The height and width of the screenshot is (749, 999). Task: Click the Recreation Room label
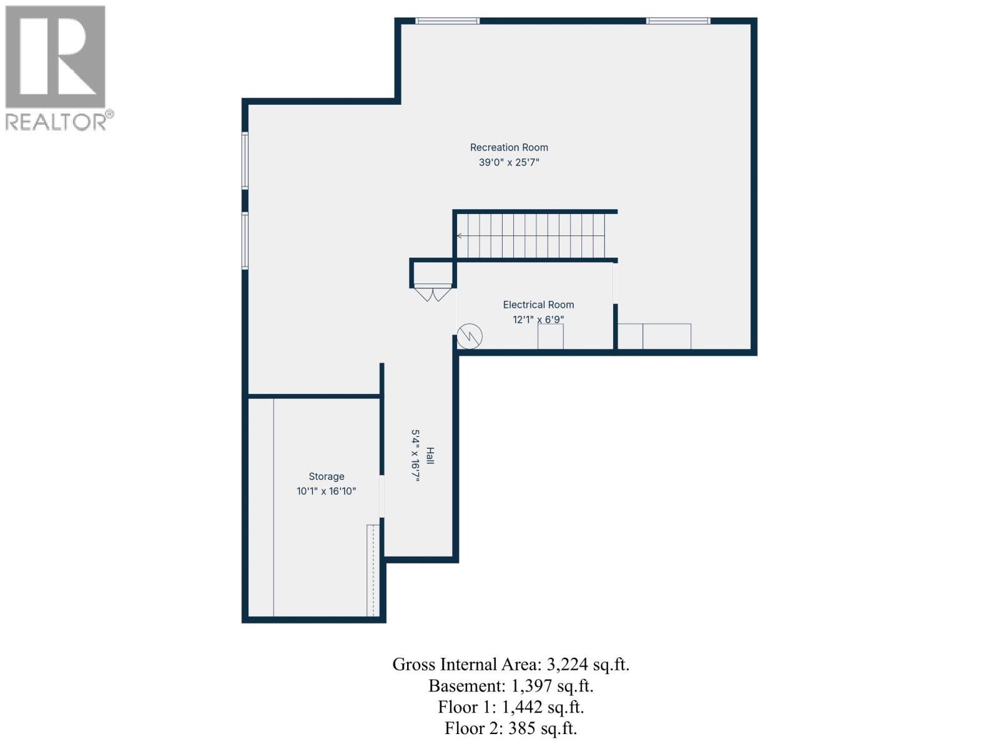509,147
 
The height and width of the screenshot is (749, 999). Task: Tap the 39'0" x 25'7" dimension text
509,162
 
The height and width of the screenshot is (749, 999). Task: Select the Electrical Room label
538,305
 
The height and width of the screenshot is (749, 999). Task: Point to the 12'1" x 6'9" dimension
538,320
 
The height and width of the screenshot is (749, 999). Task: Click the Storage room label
326,476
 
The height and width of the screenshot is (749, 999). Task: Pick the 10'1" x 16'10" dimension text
326,491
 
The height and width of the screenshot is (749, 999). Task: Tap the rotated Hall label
430,456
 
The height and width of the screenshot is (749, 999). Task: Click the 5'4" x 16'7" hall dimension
415,456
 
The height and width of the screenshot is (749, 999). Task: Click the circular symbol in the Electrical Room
470,336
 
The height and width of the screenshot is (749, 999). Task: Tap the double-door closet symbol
432,292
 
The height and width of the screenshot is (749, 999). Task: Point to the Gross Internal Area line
511,664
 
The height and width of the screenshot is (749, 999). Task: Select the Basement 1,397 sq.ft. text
511,686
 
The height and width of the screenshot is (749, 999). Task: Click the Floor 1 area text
511,707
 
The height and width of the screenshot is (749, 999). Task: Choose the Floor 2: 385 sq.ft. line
511,728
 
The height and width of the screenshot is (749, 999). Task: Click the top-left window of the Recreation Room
448,21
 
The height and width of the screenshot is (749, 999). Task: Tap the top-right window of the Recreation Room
678,21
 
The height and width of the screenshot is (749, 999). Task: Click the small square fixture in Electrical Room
550,336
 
